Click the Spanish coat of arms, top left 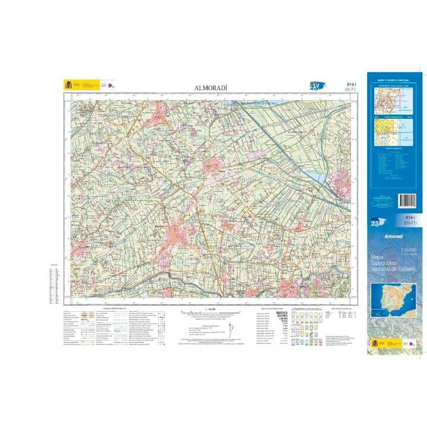(x=67, y=85)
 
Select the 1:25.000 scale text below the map (x=210, y=309)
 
